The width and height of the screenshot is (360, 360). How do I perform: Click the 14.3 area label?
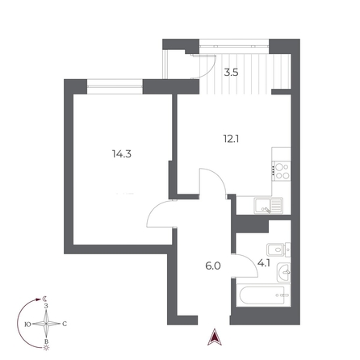[x=122, y=154]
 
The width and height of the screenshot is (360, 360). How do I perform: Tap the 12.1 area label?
[x=231, y=139]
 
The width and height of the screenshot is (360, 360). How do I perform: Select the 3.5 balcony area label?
[x=232, y=73]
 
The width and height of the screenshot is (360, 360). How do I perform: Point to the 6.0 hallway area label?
[x=213, y=266]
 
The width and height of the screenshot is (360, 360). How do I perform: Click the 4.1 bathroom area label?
[x=264, y=263]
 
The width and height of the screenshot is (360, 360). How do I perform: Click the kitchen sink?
[x=268, y=205]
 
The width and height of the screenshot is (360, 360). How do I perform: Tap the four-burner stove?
[x=282, y=171]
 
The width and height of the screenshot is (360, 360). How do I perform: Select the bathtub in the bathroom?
[x=263, y=296]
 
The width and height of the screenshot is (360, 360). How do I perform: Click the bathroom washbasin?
[x=283, y=272]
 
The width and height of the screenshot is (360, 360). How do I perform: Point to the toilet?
[x=278, y=249]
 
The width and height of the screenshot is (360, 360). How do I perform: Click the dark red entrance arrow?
[x=215, y=337]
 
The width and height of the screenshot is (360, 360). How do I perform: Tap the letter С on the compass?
[x=65, y=324]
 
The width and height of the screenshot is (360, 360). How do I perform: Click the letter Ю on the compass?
[x=27, y=324]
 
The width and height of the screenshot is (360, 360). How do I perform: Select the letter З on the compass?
[x=46, y=306]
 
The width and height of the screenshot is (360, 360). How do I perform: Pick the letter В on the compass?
[x=46, y=341]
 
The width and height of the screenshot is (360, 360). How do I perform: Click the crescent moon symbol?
[x=44, y=298]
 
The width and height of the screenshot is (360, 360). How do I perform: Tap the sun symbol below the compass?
[x=47, y=348]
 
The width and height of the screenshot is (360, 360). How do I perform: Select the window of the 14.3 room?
[x=115, y=86]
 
